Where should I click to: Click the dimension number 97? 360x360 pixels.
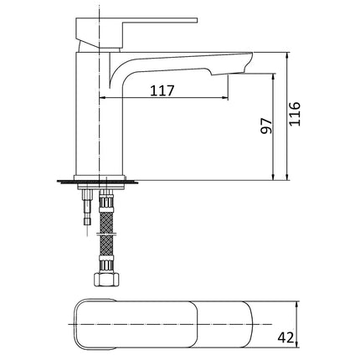267,127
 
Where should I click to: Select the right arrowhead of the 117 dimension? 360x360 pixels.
225,100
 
